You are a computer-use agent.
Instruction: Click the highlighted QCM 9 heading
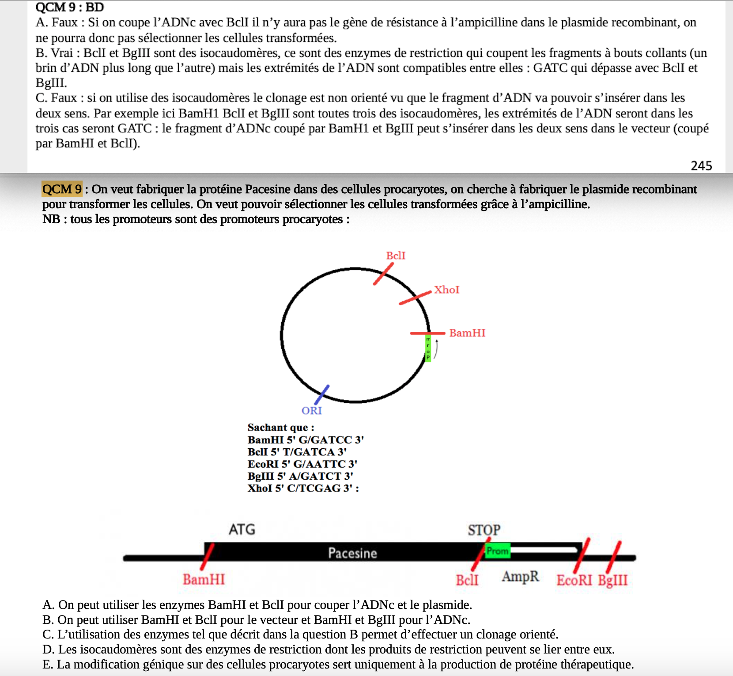click(x=62, y=189)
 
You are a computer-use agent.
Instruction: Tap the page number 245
click(x=701, y=166)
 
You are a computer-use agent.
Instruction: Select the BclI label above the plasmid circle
click(x=396, y=255)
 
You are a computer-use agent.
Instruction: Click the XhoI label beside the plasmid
click(x=446, y=289)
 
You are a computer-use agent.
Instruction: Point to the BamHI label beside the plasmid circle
click(x=467, y=333)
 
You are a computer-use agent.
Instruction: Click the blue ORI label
click(x=312, y=411)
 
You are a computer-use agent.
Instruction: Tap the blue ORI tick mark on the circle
click(x=322, y=394)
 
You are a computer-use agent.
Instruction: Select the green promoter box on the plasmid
click(x=428, y=349)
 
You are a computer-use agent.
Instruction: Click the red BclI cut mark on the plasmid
click(x=383, y=274)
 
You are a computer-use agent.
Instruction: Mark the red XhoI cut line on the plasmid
click(x=415, y=298)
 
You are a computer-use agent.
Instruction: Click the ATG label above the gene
click(x=242, y=529)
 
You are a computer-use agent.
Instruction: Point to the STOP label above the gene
click(x=484, y=530)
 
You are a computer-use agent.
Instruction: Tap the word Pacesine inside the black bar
click(x=352, y=553)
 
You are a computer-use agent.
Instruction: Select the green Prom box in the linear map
click(x=498, y=551)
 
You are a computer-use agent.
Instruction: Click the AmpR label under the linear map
click(x=521, y=576)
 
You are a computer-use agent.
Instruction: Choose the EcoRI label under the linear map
click(x=574, y=580)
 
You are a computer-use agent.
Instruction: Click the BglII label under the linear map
click(x=613, y=580)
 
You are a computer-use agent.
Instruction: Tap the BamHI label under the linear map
click(x=204, y=579)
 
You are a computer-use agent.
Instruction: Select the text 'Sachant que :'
click(x=281, y=427)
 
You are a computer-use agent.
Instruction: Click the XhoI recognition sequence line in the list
click(x=303, y=488)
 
